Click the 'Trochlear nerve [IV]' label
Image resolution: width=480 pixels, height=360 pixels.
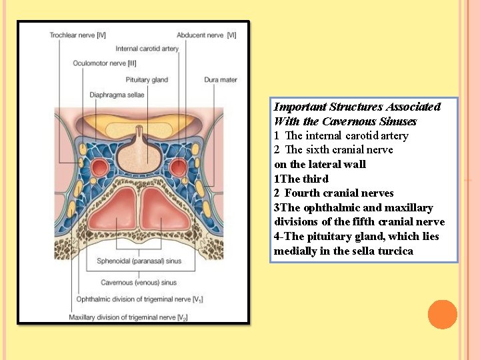(x=77, y=35)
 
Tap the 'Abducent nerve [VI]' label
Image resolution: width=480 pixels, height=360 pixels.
(x=207, y=35)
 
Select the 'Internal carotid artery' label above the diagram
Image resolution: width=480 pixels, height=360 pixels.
(x=147, y=49)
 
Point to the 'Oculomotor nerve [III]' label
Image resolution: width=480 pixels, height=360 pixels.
(x=105, y=64)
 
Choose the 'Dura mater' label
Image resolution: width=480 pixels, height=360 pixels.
(x=221, y=80)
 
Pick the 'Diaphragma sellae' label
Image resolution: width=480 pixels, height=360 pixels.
(x=117, y=95)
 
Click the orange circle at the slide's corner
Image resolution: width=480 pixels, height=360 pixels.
(x=442, y=314)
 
